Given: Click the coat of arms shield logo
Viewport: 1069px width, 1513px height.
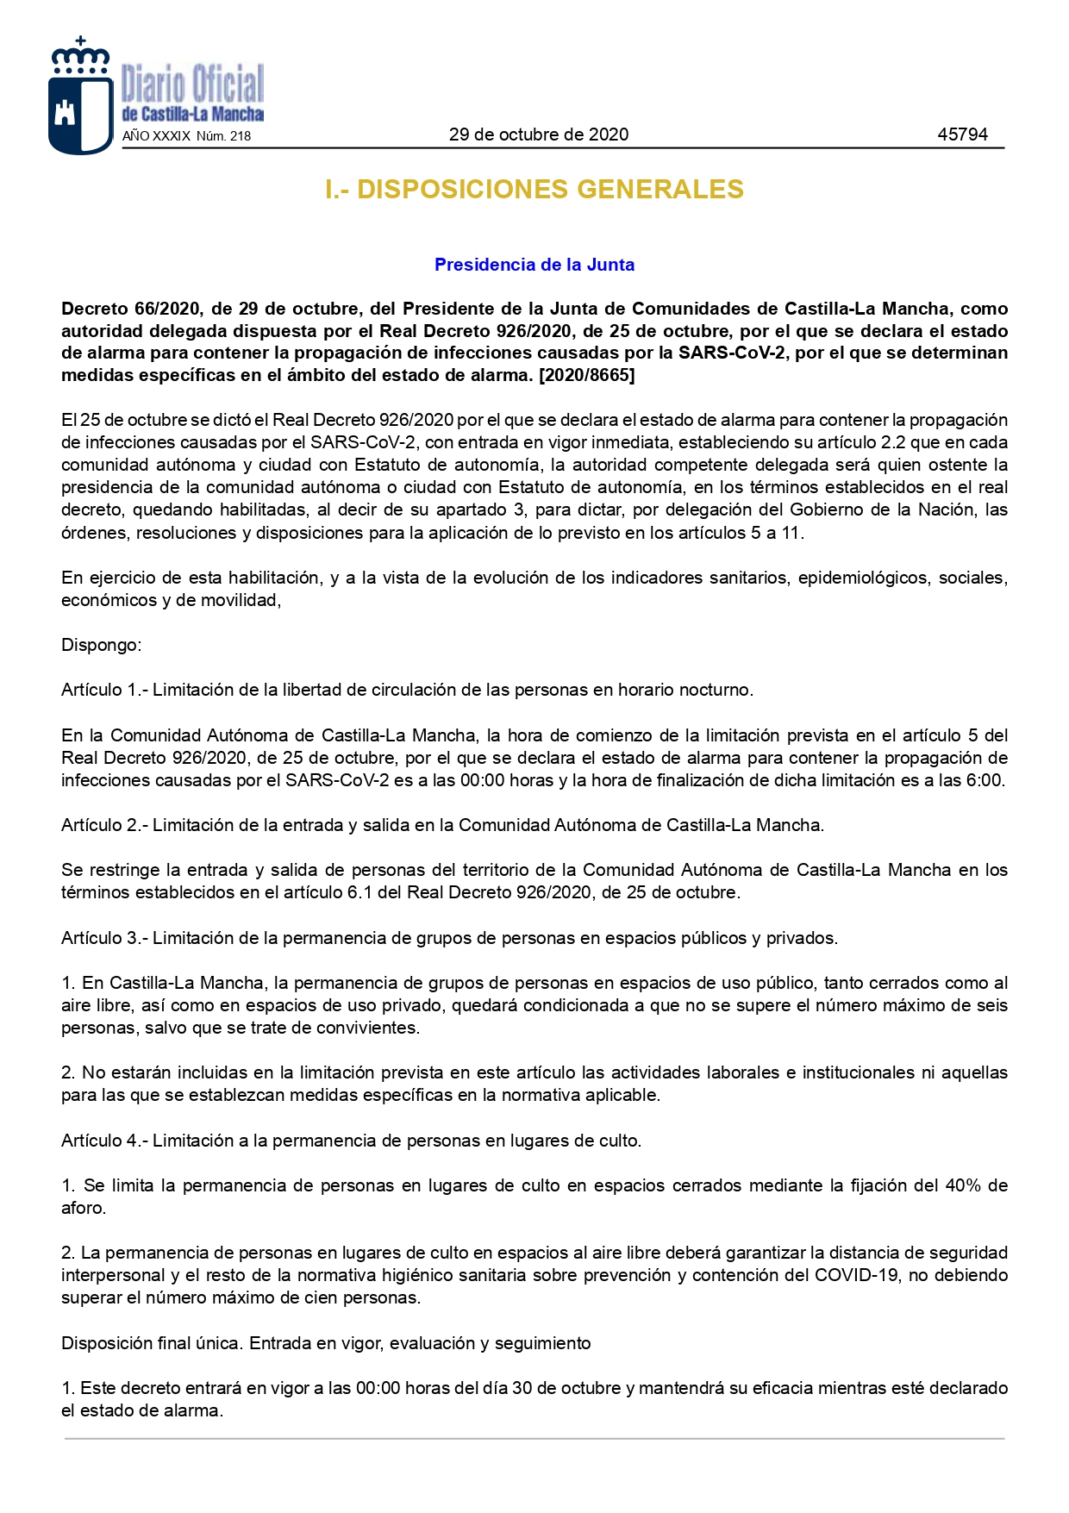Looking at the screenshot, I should (x=81, y=97).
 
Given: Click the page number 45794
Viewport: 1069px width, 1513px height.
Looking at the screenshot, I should (x=962, y=134).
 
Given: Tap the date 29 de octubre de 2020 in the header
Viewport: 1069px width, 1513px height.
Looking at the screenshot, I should (x=538, y=134).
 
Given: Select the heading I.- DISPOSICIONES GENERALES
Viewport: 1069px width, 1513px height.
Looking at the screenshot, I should (x=534, y=190).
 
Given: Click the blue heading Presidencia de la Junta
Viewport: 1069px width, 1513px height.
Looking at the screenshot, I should (x=534, y=265).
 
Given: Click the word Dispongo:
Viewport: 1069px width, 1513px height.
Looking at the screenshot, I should (x=102, y=645).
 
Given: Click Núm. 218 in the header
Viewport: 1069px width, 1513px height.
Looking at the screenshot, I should (x=223, y=136).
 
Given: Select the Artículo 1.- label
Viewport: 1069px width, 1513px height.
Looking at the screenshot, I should (x=104, y=690).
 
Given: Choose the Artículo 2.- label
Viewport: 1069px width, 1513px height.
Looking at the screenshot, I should (x=104, y=825).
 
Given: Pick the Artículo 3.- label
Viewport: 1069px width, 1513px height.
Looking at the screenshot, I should (x=104, y=938).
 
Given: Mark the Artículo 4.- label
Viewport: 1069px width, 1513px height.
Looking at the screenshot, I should (x=104, y=1141).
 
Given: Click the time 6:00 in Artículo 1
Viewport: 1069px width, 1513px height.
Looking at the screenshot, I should (x=985, y=781).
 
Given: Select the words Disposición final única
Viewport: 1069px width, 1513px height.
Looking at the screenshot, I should (x=152, y=1343).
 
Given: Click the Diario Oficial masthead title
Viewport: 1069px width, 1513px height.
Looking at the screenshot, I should (x=192, y=84).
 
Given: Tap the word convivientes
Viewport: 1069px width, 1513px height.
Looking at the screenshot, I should (x=366, y=1028).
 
